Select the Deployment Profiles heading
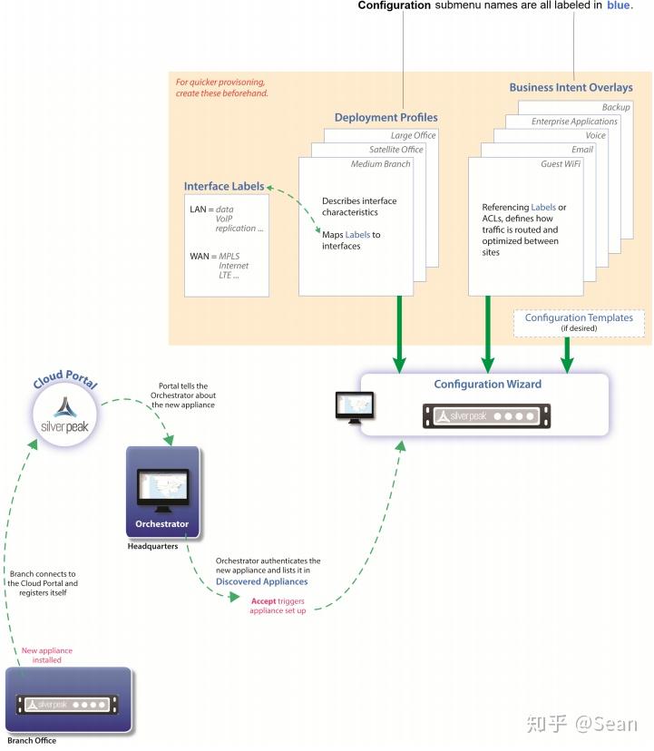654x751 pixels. tap(386, 117)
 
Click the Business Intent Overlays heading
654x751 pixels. tap(571, 88)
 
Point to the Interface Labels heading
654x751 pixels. tap(224, 186)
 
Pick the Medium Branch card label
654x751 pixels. tap(381, 164)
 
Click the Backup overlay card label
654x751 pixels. tap(616, 107)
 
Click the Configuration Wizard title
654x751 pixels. tap(481, 384)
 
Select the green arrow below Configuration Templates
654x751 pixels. tap(568, 354)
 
